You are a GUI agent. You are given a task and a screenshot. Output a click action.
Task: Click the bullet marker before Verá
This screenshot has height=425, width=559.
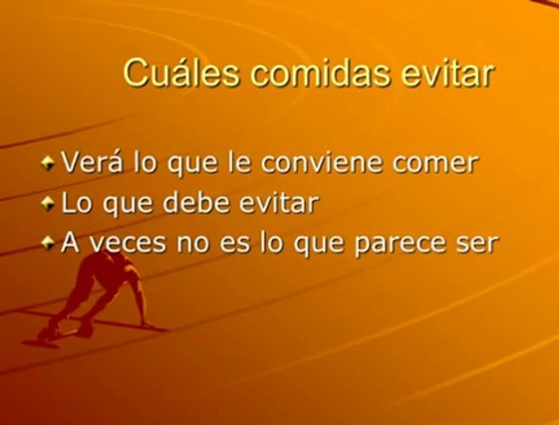47,164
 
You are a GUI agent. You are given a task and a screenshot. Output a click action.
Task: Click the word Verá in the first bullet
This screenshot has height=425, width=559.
92,163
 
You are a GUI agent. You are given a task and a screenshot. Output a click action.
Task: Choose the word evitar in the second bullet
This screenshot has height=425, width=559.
278,202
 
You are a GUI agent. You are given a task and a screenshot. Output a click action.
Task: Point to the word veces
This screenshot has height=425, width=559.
127,243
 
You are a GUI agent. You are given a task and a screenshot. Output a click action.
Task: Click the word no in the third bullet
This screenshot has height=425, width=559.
192,243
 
